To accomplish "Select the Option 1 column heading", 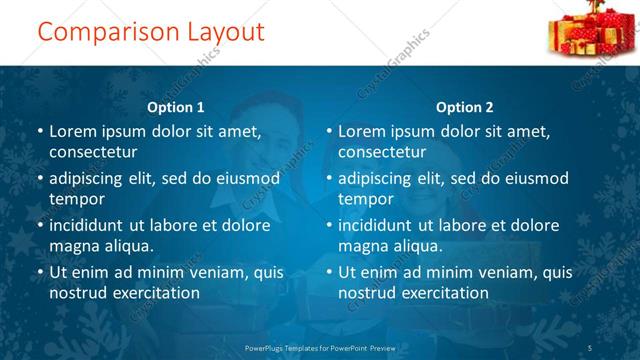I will [x=176, y=107].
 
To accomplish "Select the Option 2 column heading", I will [x=465, y=107].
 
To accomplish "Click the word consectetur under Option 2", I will [x=382, y=152].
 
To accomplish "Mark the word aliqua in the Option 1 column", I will [x=128, y=246].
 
